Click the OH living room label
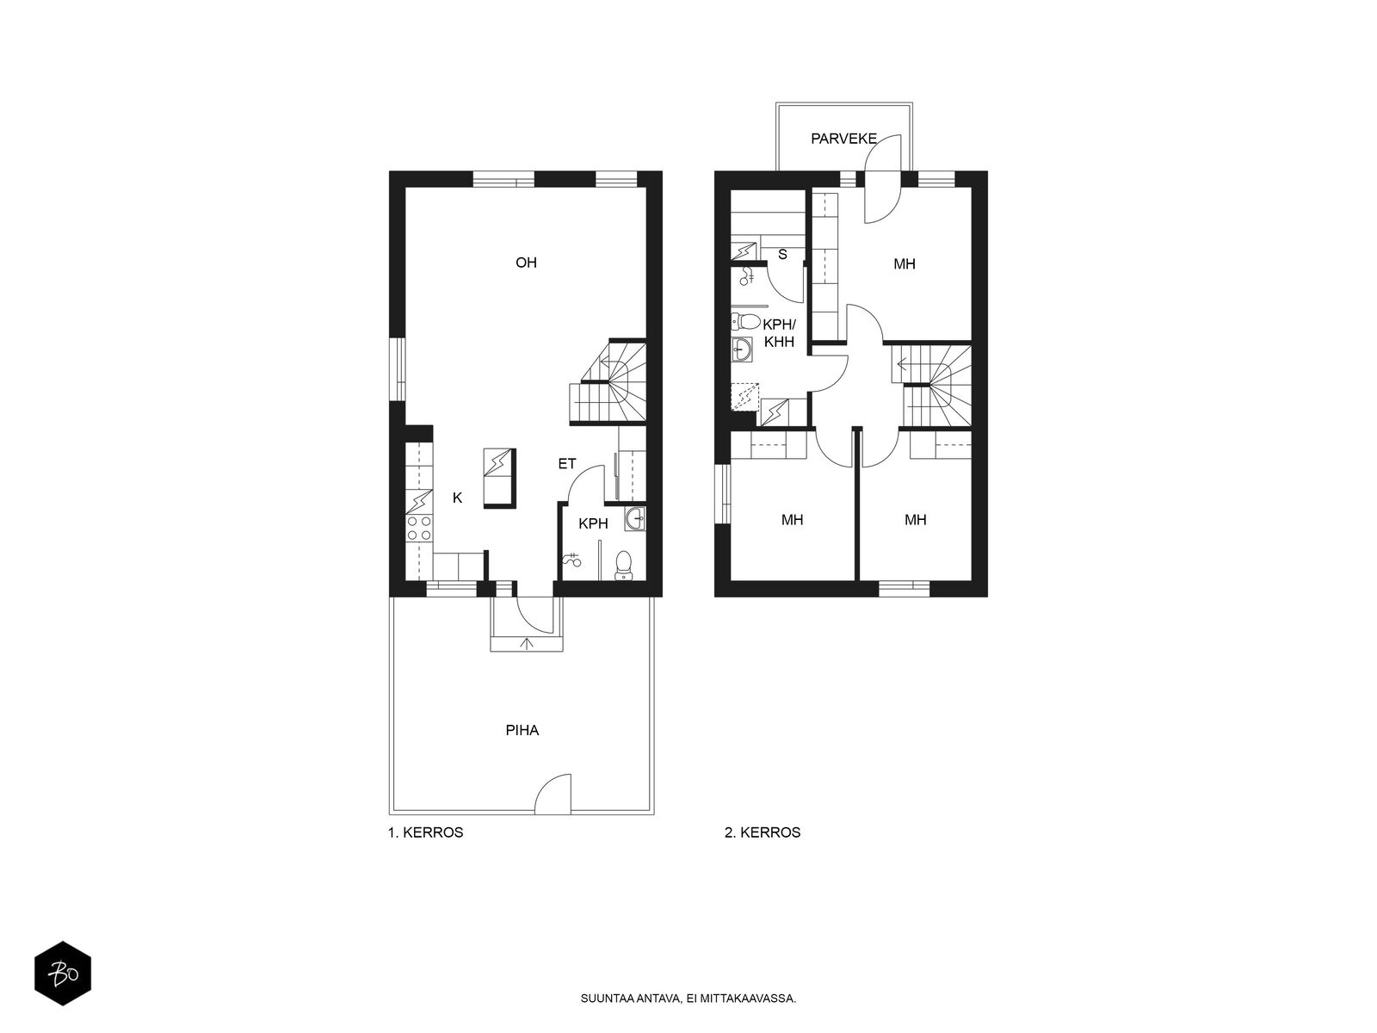(x=526, y=263)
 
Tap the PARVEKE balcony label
(x=843, y=138)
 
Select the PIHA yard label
(x=522, y=730)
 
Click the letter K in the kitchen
(x=458, y=498)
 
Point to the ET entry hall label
(x=566, y=464)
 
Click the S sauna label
(x=782, y=254)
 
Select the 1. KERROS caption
(x=425, y=832)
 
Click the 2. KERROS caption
(x=763, y=832)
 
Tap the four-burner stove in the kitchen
(x=419, y=529)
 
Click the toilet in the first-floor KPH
(x=624, y=566)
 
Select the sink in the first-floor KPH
(x=636, y=518)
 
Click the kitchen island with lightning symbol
(x=499, y=479)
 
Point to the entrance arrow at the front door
(x=527, y=642)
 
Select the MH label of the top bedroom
(x=904, y=264)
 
